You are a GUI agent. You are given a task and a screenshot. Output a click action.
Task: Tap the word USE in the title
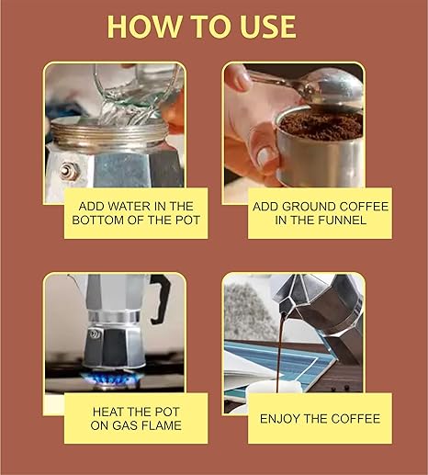(268, 27)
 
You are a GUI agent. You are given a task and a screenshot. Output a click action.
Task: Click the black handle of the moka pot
(160, 299)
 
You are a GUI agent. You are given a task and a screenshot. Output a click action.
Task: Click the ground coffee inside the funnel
(321, 125)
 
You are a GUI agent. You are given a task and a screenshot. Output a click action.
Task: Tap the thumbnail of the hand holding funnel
(265, 157)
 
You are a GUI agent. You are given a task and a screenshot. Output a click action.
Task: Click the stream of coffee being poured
(280, 352)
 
